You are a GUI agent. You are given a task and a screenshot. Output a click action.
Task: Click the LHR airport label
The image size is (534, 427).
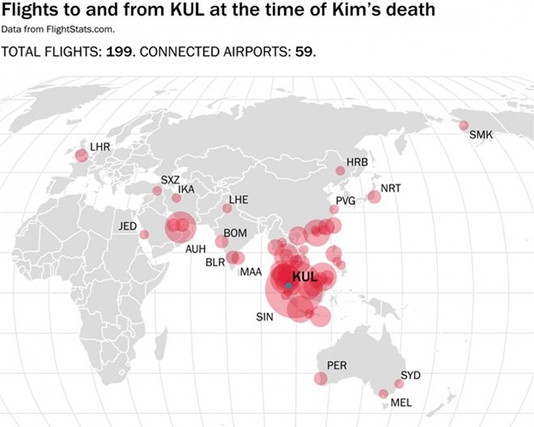click(99, 146)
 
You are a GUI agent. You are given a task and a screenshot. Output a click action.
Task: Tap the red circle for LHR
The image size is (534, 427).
click(81, 155)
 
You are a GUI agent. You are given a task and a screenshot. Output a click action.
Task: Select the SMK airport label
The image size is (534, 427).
click(481, 134)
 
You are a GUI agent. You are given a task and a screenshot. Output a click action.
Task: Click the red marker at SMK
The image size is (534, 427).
click(463, 126)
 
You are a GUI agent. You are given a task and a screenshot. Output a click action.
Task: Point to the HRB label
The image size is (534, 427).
click(357, 162)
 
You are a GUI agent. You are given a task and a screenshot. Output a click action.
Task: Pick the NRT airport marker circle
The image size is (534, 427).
click(374, 196)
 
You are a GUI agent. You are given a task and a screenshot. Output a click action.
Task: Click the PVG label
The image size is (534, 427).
click(345, 201)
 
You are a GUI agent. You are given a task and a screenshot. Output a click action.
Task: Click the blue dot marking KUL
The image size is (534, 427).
click(288, 285)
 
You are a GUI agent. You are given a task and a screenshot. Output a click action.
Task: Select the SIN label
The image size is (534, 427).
click(265, 317)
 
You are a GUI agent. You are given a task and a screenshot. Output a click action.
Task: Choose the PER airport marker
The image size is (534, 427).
click(320, 378)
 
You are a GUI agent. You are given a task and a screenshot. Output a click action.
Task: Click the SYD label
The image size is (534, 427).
click(411, 375)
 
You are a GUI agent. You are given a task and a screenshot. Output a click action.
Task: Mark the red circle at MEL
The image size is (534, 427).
click(383, 394)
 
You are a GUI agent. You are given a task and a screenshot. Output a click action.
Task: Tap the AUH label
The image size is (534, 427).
click(196, 248)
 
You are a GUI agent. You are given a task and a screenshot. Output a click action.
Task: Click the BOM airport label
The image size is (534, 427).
click(235, 234)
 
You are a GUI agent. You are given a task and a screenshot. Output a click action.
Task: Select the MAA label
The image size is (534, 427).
click(251, 272)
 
